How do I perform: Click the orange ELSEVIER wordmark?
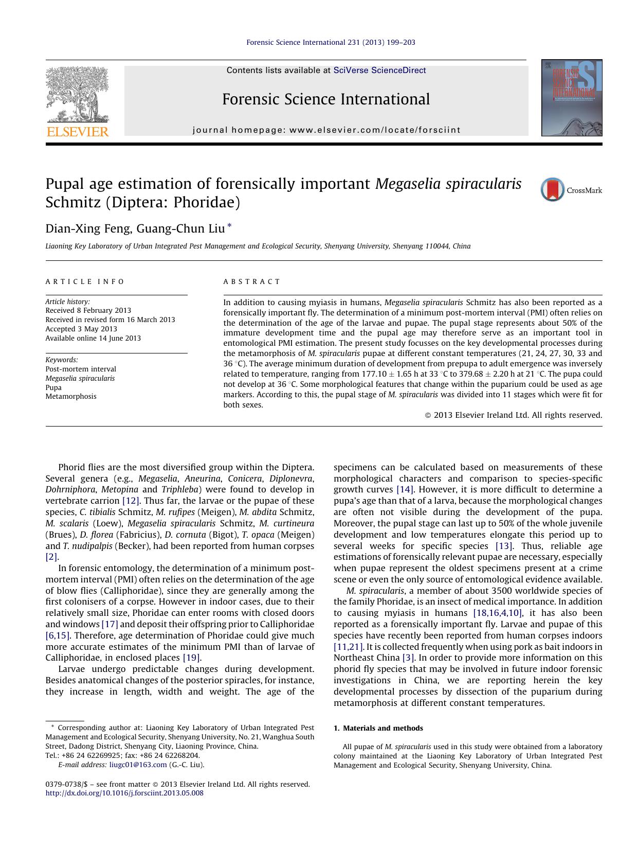pos(78,132)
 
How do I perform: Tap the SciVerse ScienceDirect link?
pos(379,70)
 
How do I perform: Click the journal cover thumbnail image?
pos(571,98)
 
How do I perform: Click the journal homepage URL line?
pos(326,130)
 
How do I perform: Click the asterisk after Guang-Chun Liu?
pos(229,226)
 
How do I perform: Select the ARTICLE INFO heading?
pos(85,281)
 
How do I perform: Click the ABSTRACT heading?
pos(252,281)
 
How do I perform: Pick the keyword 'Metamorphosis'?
pos(71,396)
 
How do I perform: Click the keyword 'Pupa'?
pos(53,387)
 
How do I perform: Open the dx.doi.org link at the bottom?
pos(124,793)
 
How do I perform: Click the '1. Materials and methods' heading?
pos(378,728)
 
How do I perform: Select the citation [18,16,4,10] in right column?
pos(497,613)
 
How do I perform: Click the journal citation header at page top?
pos(331,42)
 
